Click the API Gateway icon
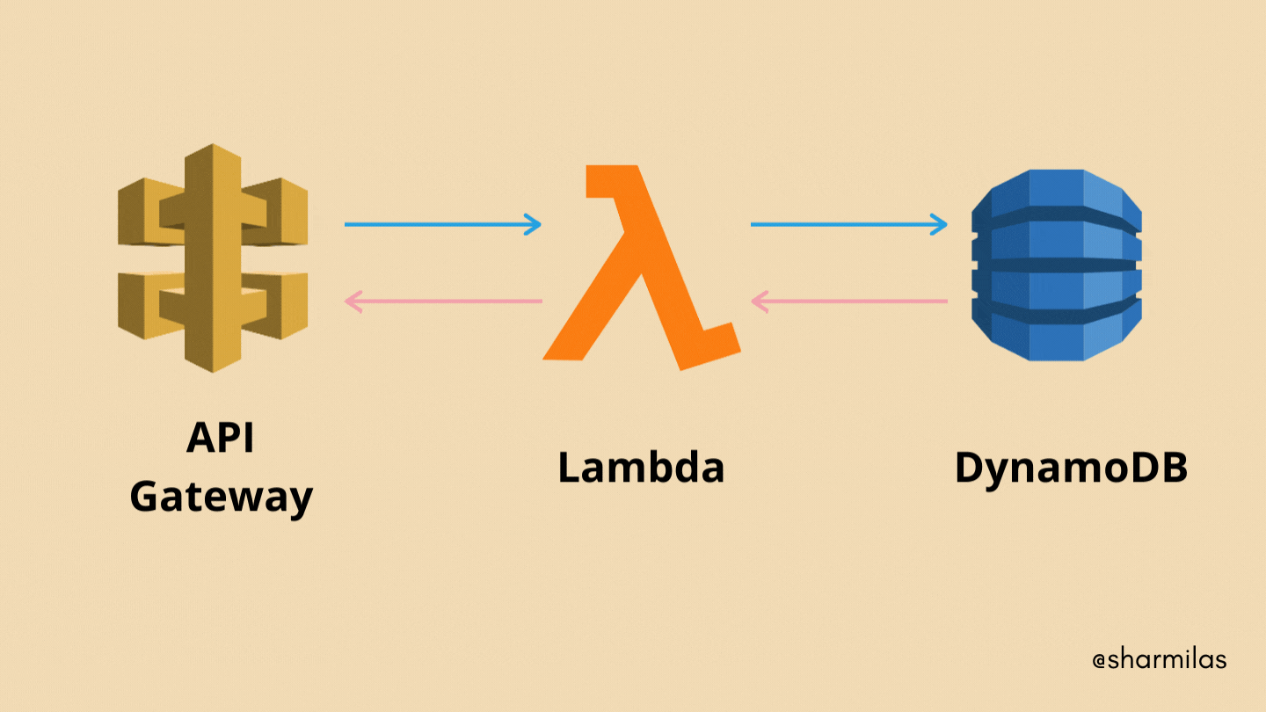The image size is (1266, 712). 213,257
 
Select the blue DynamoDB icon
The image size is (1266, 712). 1057,264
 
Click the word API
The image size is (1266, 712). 220,438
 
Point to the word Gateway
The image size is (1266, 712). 222,498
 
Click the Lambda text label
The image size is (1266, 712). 641,467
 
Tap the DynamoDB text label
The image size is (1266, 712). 1071,467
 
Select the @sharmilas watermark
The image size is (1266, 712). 1159,659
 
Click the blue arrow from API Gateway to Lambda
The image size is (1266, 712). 440,224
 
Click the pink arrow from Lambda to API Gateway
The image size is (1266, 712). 444,302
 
